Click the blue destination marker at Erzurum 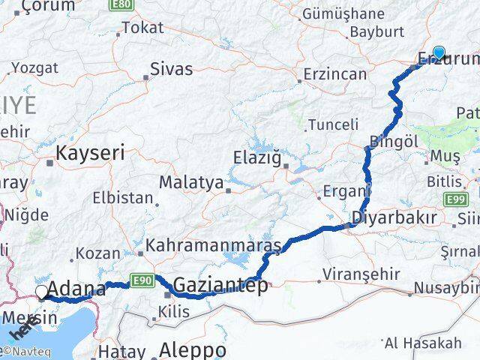[439, 53]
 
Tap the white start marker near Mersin [42, 292]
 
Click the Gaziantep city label [220, 285]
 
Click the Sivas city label [171, 70]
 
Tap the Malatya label [191, 182]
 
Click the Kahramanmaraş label [213, 245]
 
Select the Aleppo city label [193, 350]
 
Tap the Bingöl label [394, 141]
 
